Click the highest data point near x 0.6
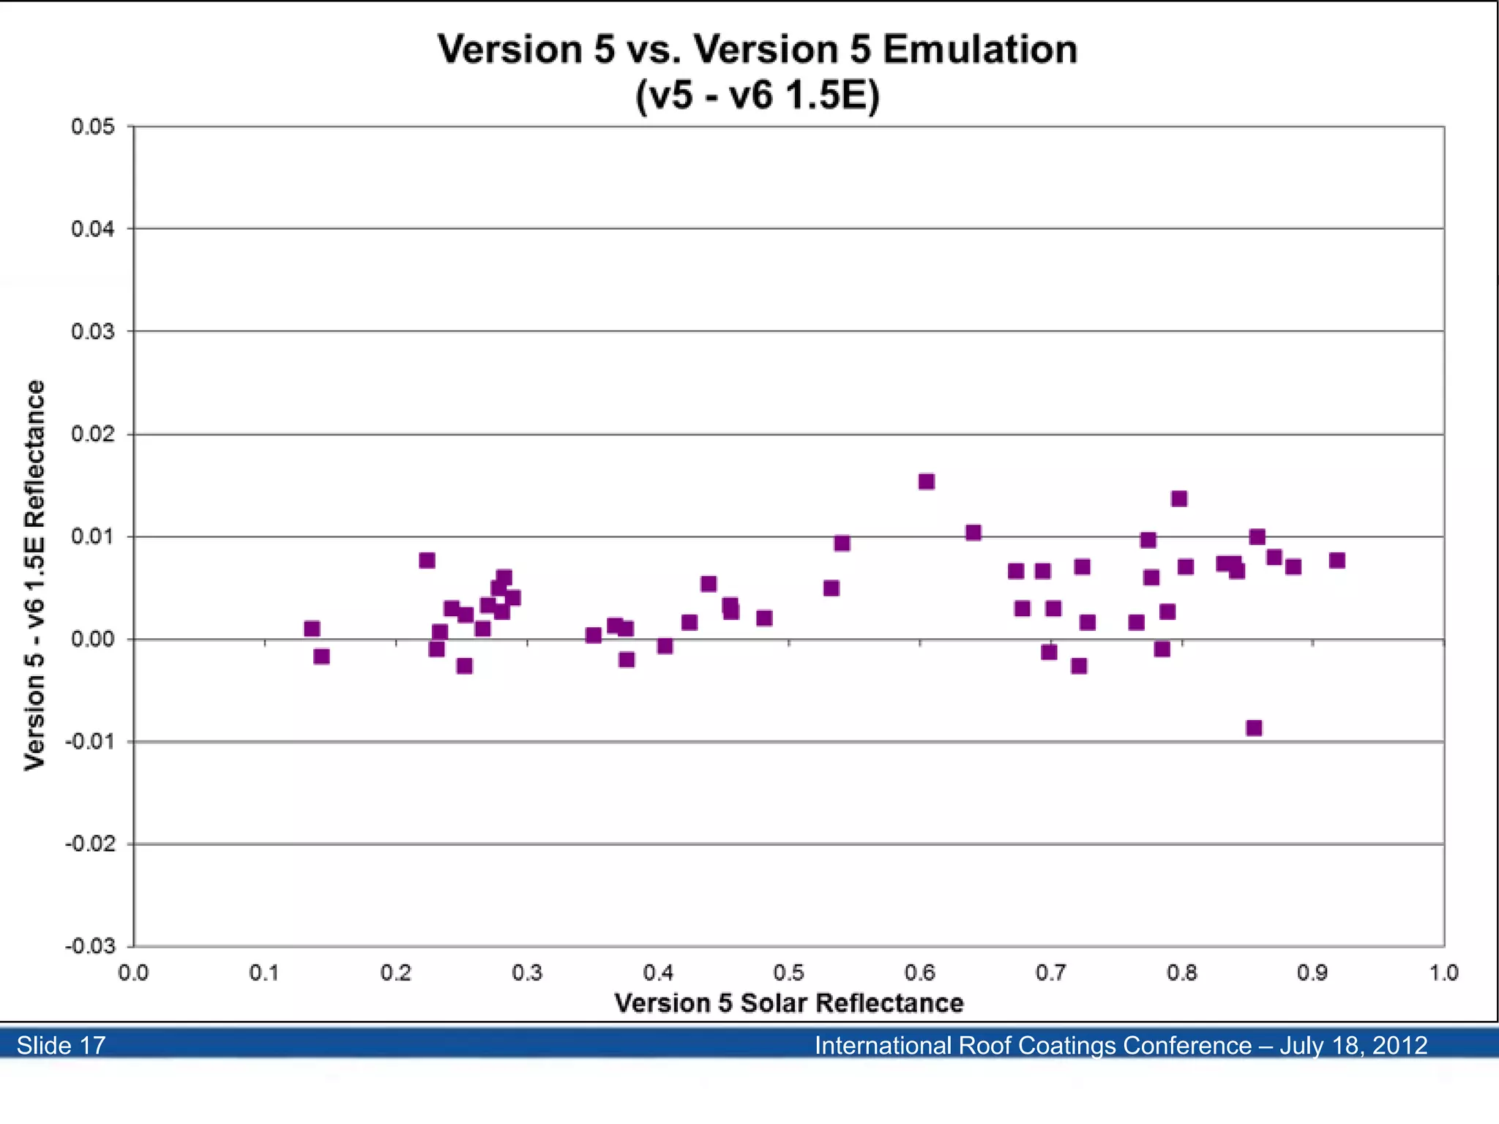point(926,482)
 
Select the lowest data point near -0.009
point(1254,728)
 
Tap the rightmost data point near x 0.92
point(1337,561)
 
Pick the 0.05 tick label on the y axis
point(93,127)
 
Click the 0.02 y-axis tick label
point(93,434)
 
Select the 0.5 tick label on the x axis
point(788,973)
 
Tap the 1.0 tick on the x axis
point(1443,973)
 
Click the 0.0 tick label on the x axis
point(133,973)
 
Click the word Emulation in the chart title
point(980,50)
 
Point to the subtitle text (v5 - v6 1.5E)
point(757,95)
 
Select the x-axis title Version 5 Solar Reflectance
point(788,1003)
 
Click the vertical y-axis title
point(34,574)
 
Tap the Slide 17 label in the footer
point(61,1045)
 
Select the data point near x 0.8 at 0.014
point(1178,499)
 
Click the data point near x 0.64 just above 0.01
point(973,533)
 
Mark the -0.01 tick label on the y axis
point(90,741)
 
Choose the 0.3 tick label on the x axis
point(527,973)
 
